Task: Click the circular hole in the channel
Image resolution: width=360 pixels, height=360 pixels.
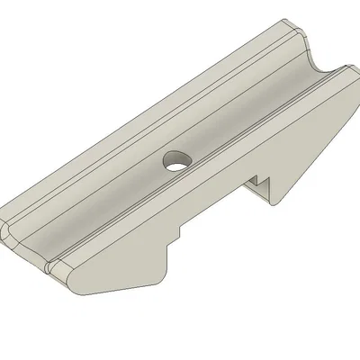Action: click(176, 162)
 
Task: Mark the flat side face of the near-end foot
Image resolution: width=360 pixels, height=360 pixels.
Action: click(117, 278)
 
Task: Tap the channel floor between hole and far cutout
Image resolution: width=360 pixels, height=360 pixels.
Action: click(243, 112)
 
